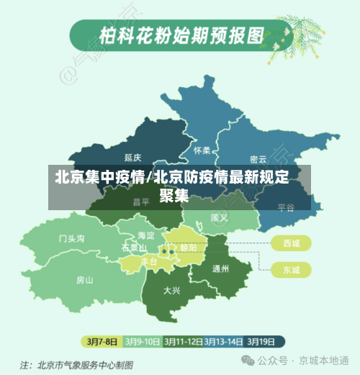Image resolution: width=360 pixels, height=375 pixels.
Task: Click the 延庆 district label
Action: [132, 157]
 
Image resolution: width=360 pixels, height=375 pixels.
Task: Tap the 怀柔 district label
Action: [202, 150]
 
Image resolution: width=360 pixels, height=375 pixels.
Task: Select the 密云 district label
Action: [258, 159]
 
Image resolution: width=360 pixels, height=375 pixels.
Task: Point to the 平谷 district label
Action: [286, 207]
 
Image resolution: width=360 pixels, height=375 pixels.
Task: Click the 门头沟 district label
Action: [72, 238]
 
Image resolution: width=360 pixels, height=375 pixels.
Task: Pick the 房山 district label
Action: [85, 280]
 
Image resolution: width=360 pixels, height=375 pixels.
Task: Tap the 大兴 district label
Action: [172, 291]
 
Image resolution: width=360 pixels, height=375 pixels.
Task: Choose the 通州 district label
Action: [220, 269]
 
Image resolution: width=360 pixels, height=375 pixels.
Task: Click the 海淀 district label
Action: [146, 235]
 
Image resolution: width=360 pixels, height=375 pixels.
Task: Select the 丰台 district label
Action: [149, 261]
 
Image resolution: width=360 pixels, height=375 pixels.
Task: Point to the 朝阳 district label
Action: [189, 248]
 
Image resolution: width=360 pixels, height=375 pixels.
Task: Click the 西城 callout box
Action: [292, 243]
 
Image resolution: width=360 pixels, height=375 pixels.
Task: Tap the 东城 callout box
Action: [292, 270]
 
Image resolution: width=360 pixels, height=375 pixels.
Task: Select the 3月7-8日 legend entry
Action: [102, 340]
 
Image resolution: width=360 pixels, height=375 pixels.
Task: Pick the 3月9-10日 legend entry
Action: [142, 340]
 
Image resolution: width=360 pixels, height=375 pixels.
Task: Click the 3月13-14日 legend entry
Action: [223, 340]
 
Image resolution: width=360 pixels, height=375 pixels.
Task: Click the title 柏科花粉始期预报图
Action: [181, 34]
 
